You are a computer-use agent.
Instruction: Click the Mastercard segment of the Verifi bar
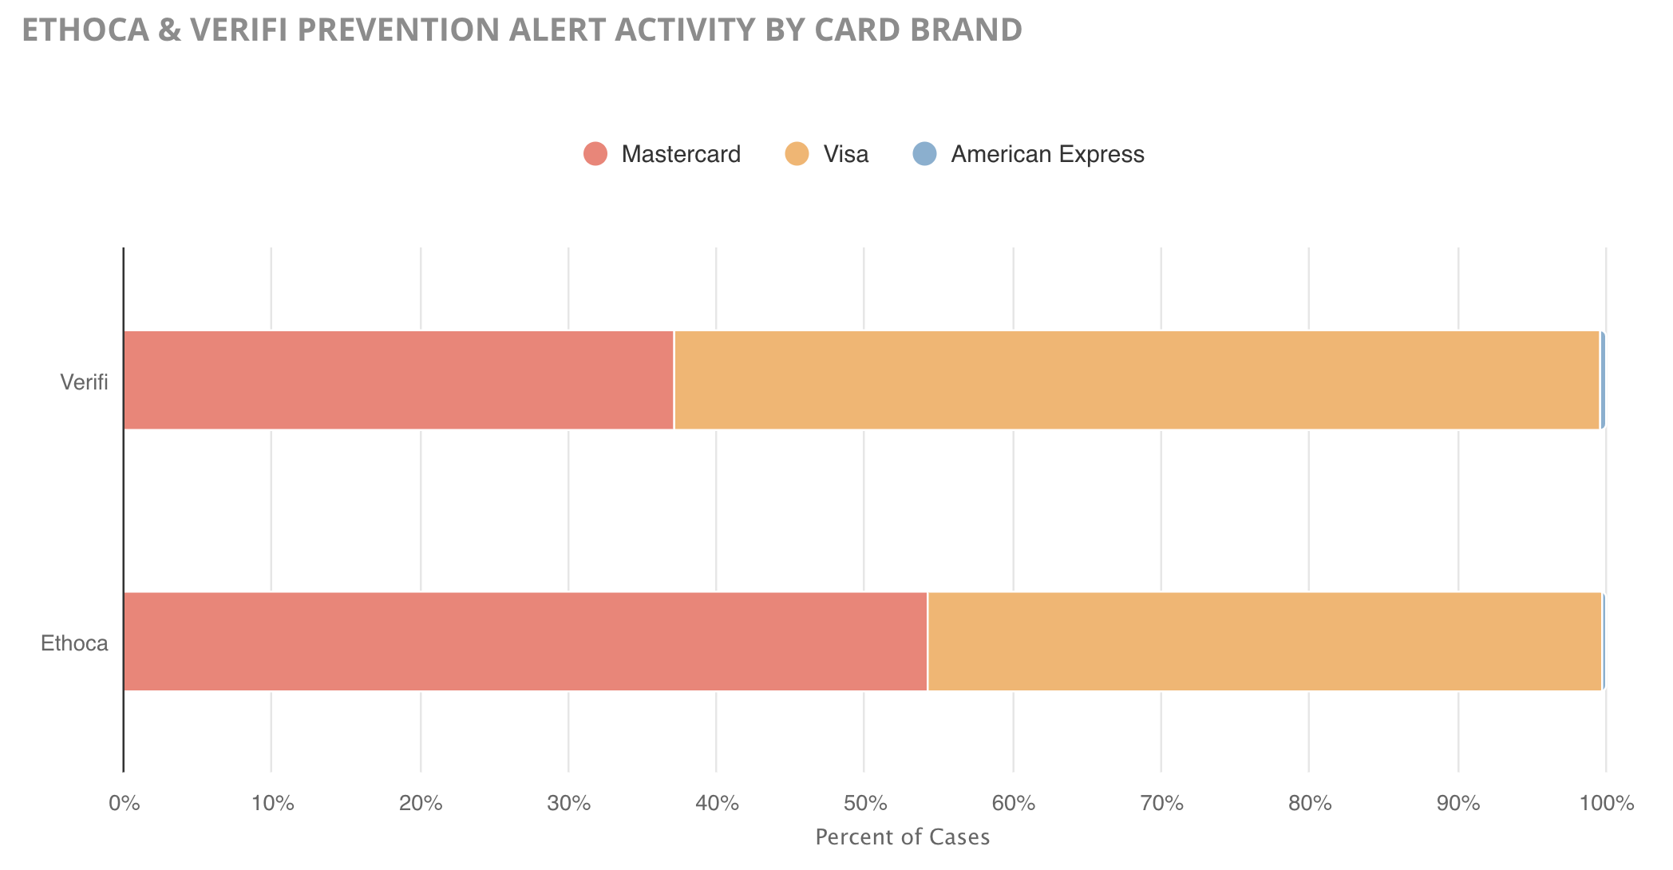(x=399, y=380)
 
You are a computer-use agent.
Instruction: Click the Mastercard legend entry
(x=662, y=154)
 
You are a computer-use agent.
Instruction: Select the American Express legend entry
(x=1029, y=154)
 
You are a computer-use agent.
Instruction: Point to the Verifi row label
(x=84, y=382)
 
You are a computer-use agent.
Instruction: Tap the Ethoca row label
(x=74, y=643)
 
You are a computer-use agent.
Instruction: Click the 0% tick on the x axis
(x=124, y=804)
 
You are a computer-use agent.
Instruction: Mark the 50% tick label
(x=865, y=804)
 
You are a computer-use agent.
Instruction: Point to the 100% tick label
(x=1607, y=804)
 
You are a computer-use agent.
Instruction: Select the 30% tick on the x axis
(x=569, y=804)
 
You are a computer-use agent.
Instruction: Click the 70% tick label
(x=1162, y=804)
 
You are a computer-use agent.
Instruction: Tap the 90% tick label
(x=1458, y=804)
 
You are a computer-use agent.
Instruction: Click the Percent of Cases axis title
(x=903, y=837)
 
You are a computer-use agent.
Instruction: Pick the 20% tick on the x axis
(x=421, y=804)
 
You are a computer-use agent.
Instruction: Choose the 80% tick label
(x=1310, y=804)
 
